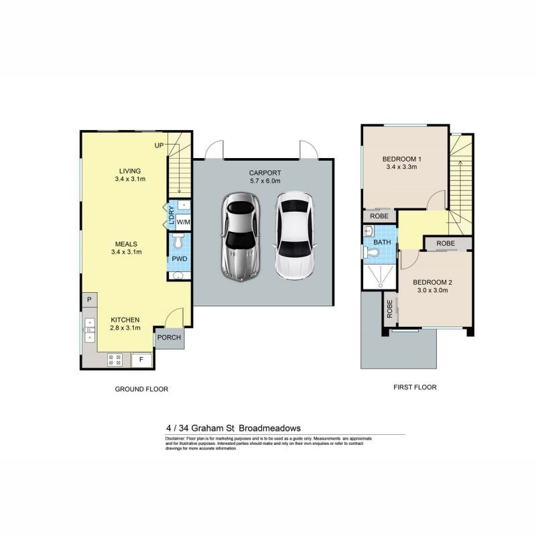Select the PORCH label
[x=169, y=337]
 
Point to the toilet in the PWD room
[x=179, y=242]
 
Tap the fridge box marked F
[x=141, y=360]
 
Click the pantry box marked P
[x=88, y=299]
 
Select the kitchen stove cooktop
[x=114, y=360]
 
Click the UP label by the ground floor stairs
[x=159, y=145]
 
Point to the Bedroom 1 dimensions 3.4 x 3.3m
[x=401, y=167]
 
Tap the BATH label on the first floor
[x=382, y=242]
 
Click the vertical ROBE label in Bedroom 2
[x=389, y=309]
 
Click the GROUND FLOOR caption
[x=141, y=389]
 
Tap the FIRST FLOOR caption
[x=414, y=387]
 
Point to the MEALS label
[x=127, y=244]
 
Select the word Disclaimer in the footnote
[x=177, y=438]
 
